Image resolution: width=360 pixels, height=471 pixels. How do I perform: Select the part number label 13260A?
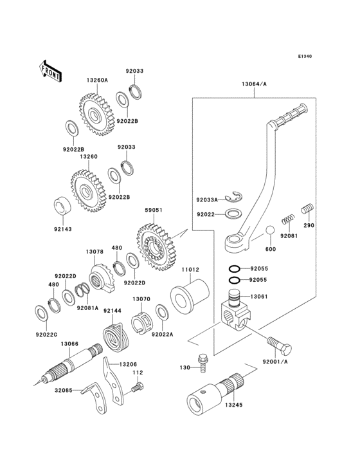97,80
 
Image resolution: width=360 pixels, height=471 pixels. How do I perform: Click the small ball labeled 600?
271,232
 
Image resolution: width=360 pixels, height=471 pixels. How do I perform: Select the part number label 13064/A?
255,84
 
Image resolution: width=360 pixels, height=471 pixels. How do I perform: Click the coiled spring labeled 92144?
116,338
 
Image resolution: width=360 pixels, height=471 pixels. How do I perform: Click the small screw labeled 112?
137,387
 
